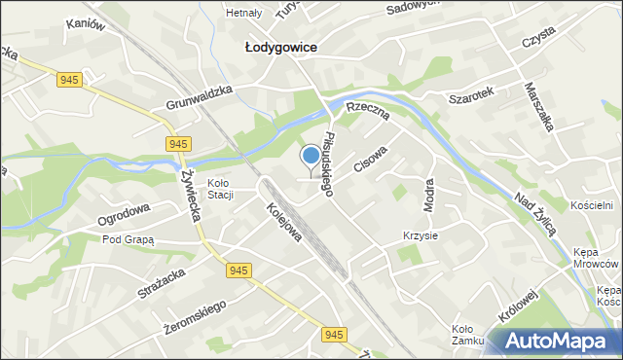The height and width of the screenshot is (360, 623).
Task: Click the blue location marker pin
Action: coord(311,156)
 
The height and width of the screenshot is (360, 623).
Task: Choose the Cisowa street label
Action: coord(371,160)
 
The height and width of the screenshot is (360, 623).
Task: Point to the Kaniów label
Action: coord(84,27)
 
